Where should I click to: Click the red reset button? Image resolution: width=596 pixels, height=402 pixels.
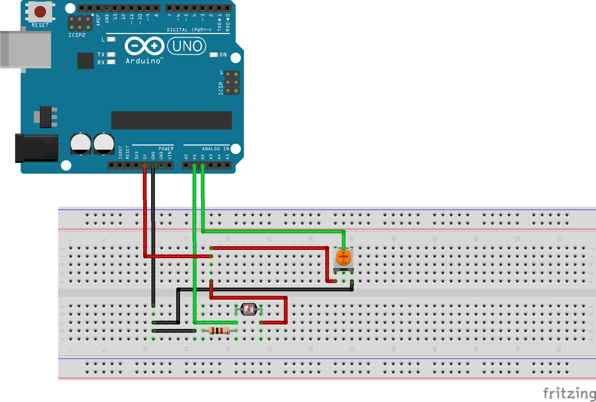point(40,12)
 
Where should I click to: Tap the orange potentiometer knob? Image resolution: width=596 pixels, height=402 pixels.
point(343,257)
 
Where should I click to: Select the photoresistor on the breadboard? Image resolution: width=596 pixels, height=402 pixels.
point(249,309)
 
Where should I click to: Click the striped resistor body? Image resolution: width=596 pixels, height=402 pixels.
point(219,331)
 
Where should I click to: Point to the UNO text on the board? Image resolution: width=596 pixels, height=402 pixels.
point(187,46)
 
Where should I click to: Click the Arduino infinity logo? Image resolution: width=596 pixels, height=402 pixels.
point(144,46)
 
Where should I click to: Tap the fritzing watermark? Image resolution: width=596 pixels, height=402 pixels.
point(569,393)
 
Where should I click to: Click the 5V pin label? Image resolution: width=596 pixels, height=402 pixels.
point(145,156)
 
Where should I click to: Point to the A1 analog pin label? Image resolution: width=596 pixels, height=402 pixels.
point(194,156)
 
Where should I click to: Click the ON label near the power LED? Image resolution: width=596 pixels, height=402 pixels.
point(223,55)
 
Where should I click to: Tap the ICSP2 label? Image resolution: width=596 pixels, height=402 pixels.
point(77,35)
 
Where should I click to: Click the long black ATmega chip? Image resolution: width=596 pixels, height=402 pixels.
point(171,120)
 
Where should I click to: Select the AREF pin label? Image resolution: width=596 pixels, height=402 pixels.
point(98,20)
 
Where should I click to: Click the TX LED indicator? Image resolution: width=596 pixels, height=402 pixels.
point(111,55)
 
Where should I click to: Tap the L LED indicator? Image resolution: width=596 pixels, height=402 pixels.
point(111,39)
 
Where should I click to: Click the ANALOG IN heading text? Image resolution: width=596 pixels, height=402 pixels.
point(215,149)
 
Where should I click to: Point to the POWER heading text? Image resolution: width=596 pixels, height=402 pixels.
point(166,149)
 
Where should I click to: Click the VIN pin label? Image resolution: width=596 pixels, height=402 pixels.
point(170,155)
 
